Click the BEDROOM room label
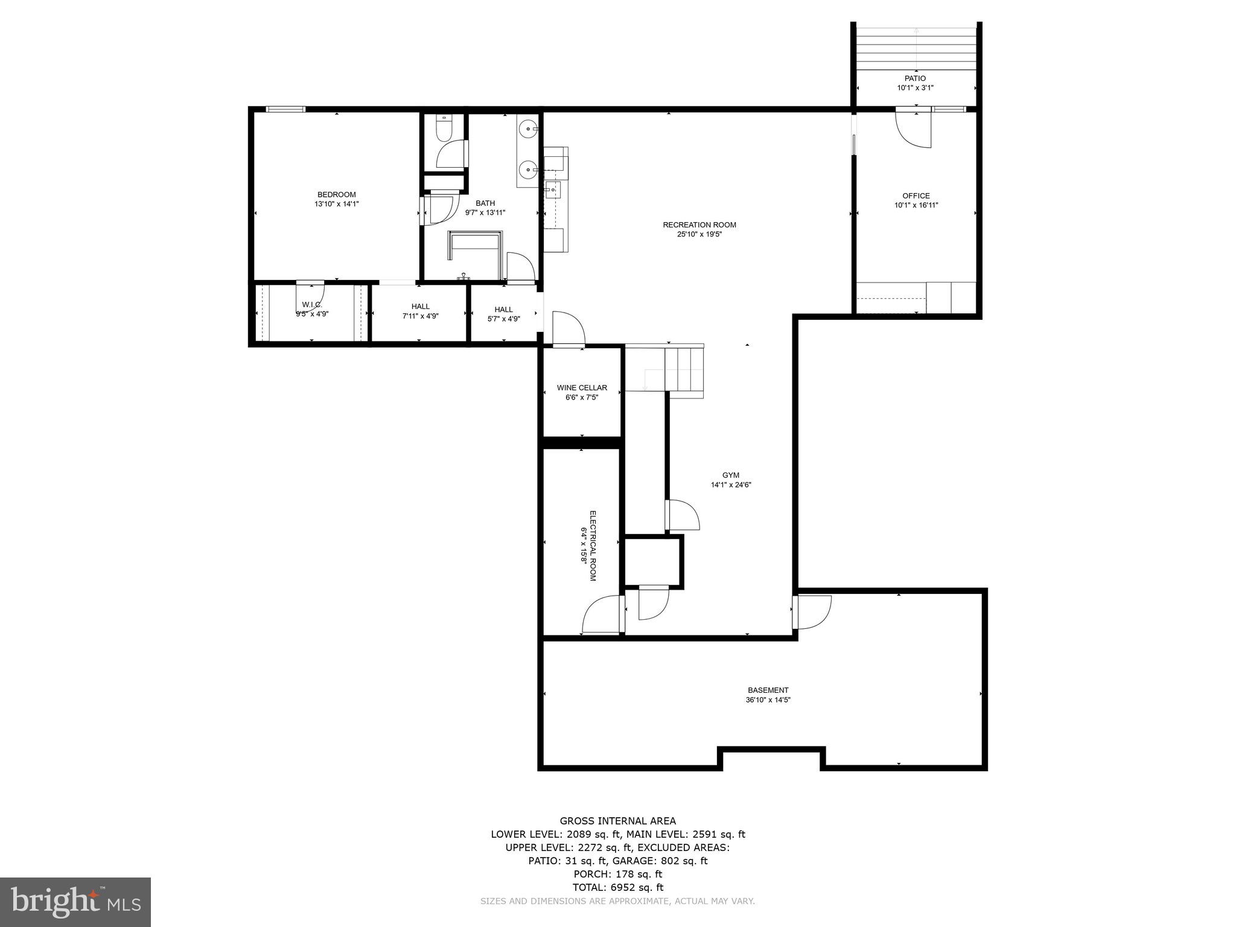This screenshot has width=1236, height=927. pos(336,194)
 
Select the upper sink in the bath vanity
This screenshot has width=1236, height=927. pos(529,129)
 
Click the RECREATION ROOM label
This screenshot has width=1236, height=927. pos(699,225)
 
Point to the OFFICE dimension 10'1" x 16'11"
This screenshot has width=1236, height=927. pos(916,205)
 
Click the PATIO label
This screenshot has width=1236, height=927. pos(914,78)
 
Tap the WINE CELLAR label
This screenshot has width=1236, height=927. pos(582,387)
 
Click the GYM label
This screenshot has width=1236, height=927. pos(730,475)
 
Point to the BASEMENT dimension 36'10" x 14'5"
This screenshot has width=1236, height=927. pos(768,700)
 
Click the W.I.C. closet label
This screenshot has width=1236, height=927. pos(312,305)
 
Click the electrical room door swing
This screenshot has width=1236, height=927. pos(601,615)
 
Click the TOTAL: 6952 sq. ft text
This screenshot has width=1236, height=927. pos(617,887)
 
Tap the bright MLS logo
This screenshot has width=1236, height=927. pos(75,902)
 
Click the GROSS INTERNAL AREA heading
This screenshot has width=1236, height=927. pos(617,821)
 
